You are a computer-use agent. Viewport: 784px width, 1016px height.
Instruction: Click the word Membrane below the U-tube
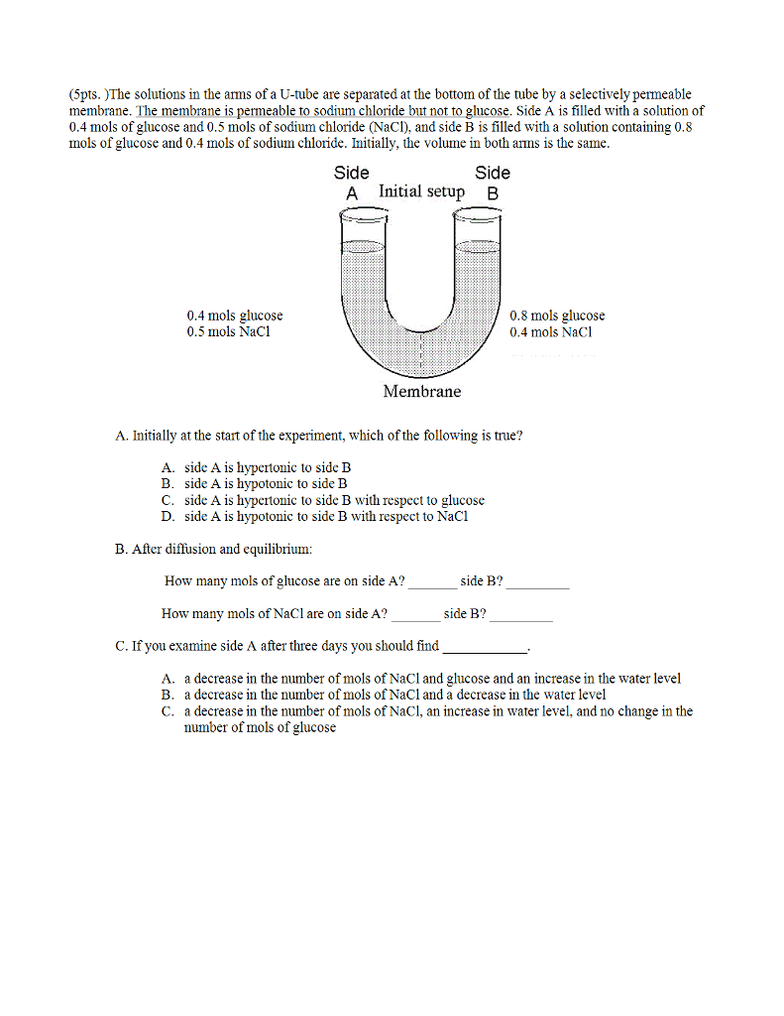(421, 392)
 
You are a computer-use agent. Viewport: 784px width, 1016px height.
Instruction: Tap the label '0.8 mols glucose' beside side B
(557, 316)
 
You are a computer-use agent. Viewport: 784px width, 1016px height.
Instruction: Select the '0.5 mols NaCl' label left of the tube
(228, 332)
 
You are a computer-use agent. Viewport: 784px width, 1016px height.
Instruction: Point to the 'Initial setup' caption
(421, 191)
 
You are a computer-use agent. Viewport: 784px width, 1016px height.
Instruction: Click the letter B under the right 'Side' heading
(493, 193)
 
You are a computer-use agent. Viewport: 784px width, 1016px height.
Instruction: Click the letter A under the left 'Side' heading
(351, 193)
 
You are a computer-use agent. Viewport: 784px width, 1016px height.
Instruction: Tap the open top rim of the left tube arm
(362, 211)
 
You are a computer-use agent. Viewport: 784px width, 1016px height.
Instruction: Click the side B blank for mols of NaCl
(520, 617)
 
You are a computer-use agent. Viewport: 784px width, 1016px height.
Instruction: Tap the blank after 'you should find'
(485, 649)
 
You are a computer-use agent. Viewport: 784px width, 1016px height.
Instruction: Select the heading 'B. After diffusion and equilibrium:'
(214, 549)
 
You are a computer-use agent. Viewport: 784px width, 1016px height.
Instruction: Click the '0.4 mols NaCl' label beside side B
(550, 332)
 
